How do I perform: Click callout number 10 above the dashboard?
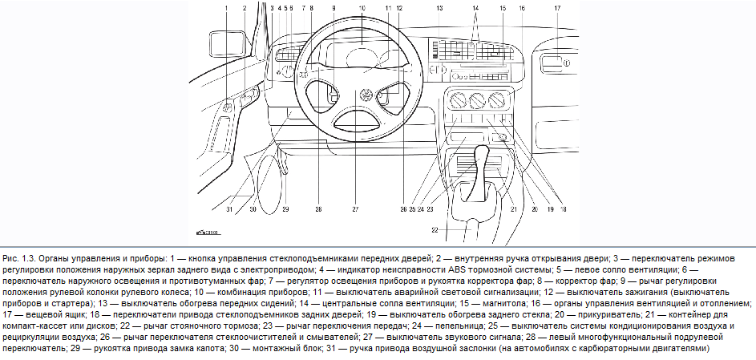362,7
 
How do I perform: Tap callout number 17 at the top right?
556,7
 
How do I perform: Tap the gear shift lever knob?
482,154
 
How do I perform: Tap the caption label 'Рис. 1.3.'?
20,259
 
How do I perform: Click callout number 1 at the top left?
227,7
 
